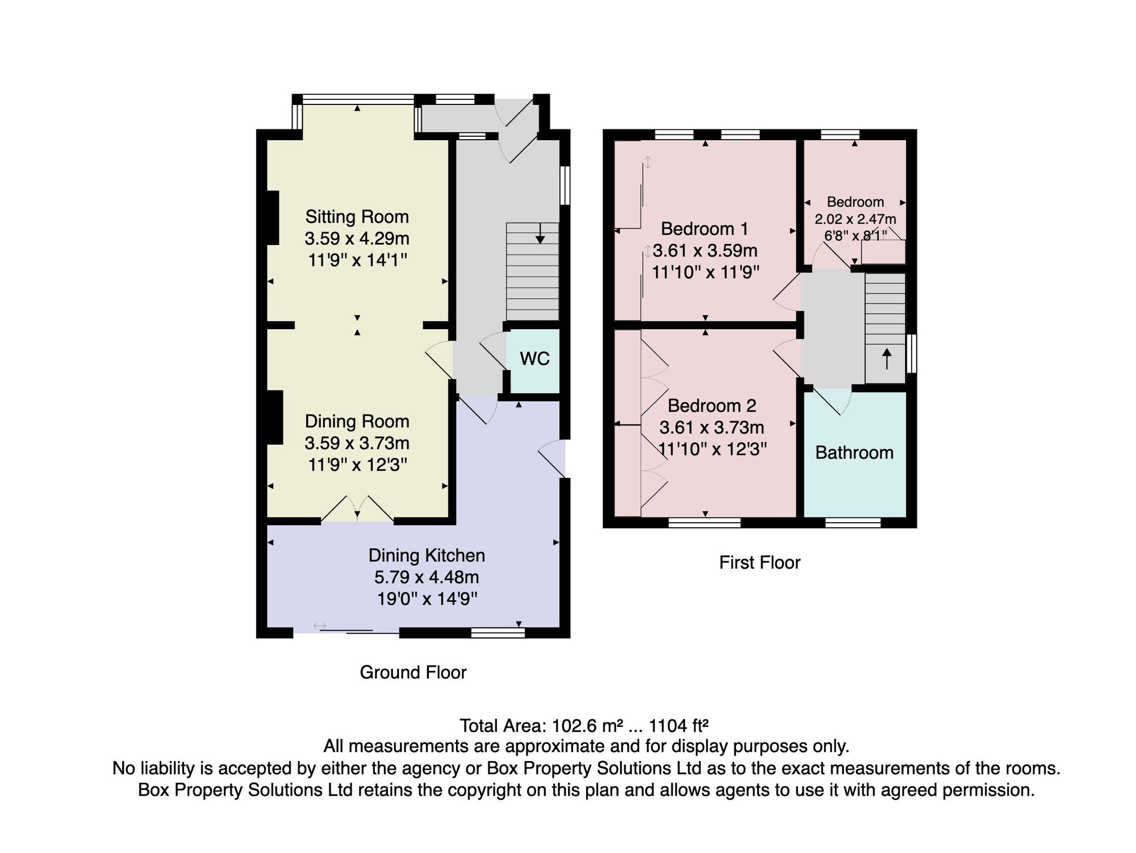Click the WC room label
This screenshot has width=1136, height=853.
[x=534, y=359]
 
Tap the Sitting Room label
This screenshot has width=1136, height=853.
[x=357, y=217]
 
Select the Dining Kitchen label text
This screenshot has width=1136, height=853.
[x=427, y=555]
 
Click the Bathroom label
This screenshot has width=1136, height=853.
[x=854, y=452]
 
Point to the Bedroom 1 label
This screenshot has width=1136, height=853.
[x=705, y=229]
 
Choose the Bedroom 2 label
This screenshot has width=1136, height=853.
[x=712, y=406]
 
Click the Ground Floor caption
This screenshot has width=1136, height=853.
[x=413, y=673]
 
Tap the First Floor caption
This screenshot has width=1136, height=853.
[x=760, y=562]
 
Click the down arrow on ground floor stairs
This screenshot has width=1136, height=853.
[x=540, y=233]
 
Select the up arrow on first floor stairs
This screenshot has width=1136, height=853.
[x=886, y=359]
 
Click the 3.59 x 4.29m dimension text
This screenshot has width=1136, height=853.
[x=357, y=238]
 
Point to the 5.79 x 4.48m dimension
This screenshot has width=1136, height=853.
[x=427, y=577]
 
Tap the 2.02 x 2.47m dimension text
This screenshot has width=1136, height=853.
[x=855, y=219]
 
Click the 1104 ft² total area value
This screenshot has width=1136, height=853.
[x=679, y=725]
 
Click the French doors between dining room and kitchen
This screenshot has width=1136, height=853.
[x=357, y=509]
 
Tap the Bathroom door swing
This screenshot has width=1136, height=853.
[x=833, y=401]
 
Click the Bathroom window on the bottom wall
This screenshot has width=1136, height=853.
[x=853, y=522]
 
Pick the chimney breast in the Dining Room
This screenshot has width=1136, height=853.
[x=275, y=417]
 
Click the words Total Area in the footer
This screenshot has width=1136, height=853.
[x=503, y=725]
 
